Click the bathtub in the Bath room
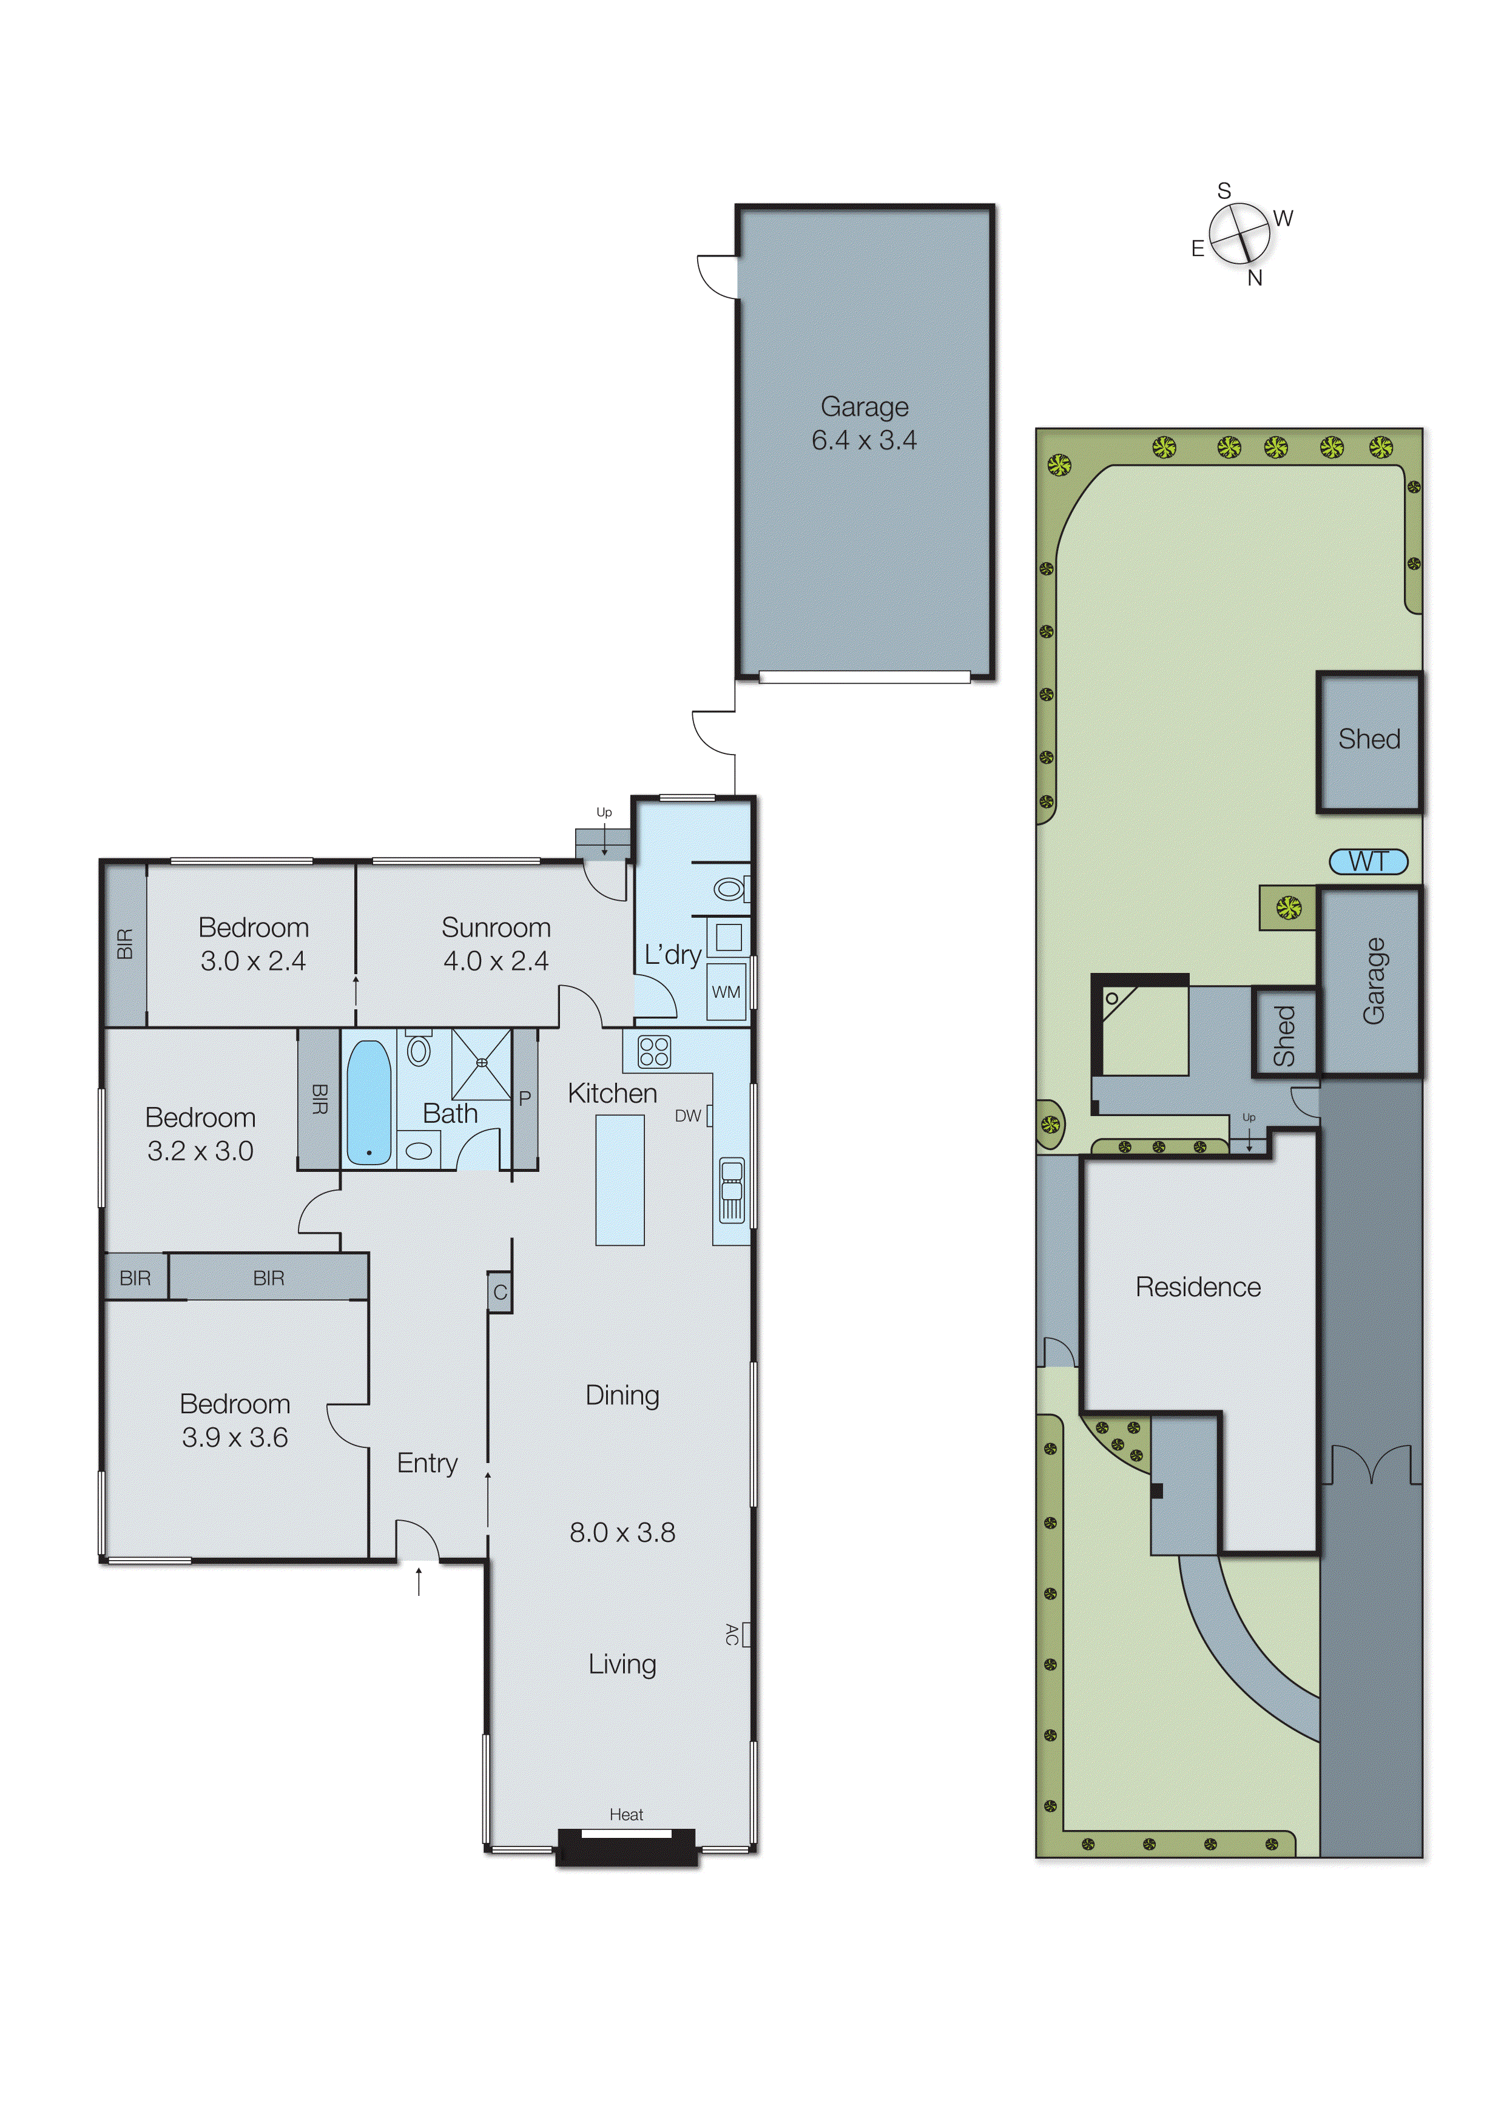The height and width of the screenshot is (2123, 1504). tap(369, 1102)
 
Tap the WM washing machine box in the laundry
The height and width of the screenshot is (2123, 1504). tap(726, 992)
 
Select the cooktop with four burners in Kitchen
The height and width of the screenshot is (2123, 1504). tap(654, 1052)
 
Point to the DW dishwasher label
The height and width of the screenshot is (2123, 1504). tap(687, 1115)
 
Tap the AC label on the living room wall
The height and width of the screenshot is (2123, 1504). tap(732, 1634)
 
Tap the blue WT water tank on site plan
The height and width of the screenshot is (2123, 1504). tap(1368, 861)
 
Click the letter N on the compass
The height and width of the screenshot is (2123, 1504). tap(1255, 278)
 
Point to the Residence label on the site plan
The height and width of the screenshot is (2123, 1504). tap(1198, 1287)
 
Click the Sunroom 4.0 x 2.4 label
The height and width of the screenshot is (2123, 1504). tap(496, 943)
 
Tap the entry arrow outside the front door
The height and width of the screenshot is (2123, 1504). tap(419, 1581)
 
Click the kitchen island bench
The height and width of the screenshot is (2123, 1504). tap(619, 1180)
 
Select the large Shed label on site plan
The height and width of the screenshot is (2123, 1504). tap(1369, 739)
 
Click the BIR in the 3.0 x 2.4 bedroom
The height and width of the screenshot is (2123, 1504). tap(125, 943)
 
